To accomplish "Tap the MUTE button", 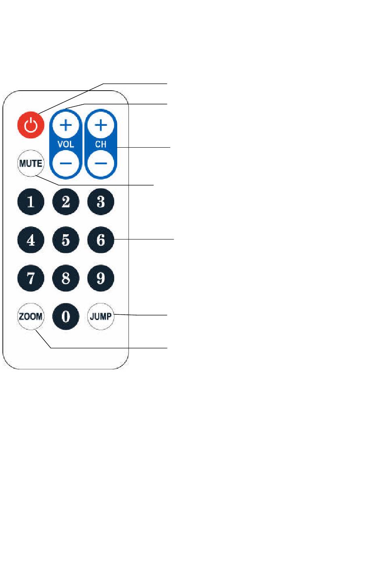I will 31,163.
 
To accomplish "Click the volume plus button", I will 66,125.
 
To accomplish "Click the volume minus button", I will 66,163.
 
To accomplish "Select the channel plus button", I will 101,125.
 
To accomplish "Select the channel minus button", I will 101,163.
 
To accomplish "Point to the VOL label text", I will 66,144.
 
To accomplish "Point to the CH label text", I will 101,144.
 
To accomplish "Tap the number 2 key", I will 66,201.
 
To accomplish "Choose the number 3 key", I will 101,201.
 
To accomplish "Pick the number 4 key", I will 31,240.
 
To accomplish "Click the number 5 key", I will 66,240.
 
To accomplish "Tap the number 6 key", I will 101,240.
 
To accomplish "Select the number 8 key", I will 66,278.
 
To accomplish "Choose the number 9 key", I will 101,278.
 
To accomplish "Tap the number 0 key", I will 66,316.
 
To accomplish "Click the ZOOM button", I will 31,316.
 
